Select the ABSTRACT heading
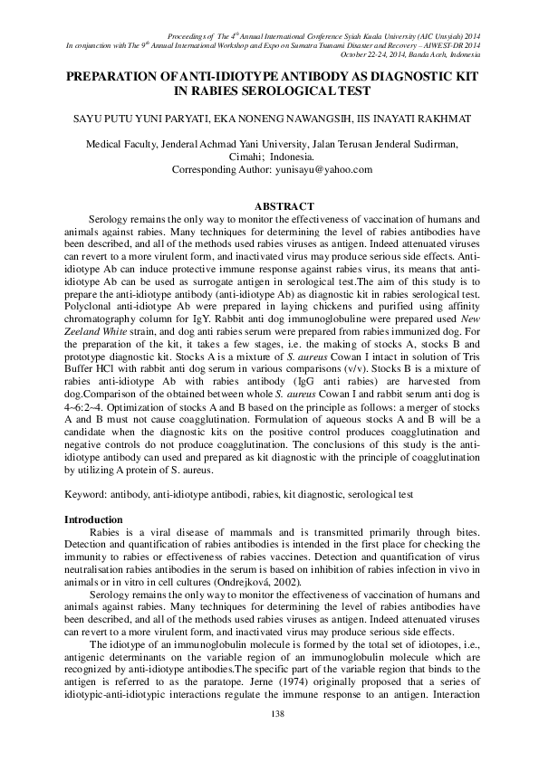click(284, 207)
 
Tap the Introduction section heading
click(93, 519)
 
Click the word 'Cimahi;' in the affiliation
click(245, 156)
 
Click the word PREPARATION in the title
click(120, 78)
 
